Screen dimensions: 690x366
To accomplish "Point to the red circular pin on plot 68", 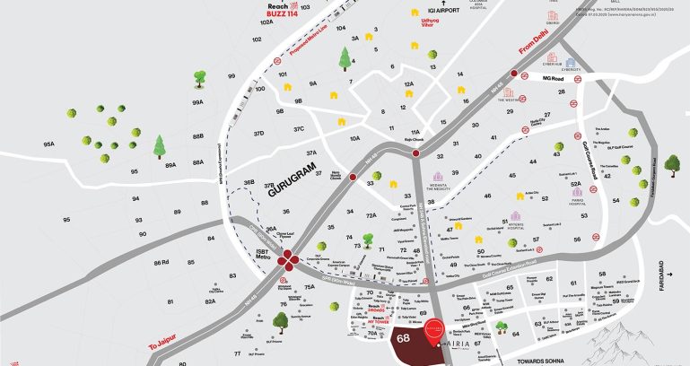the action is tap(433, 329).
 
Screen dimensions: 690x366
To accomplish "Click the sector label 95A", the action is tap(49, 144).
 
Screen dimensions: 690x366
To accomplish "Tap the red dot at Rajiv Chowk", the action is tap(416, 154).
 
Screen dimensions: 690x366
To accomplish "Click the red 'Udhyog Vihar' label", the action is tap(432, 22).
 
